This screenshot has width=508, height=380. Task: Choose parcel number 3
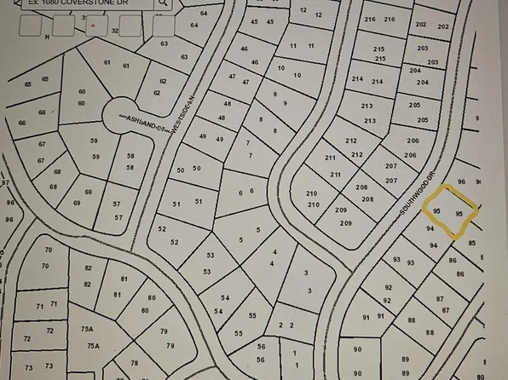[307, 282]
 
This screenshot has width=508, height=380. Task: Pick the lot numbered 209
[343, 216]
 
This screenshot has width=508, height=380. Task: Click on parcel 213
[368, 112]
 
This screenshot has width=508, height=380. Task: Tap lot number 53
[209, 263]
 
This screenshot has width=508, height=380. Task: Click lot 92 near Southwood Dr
[388, 294]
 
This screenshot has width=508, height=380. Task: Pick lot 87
[441, 304]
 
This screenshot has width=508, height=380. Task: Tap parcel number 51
[187, 202]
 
